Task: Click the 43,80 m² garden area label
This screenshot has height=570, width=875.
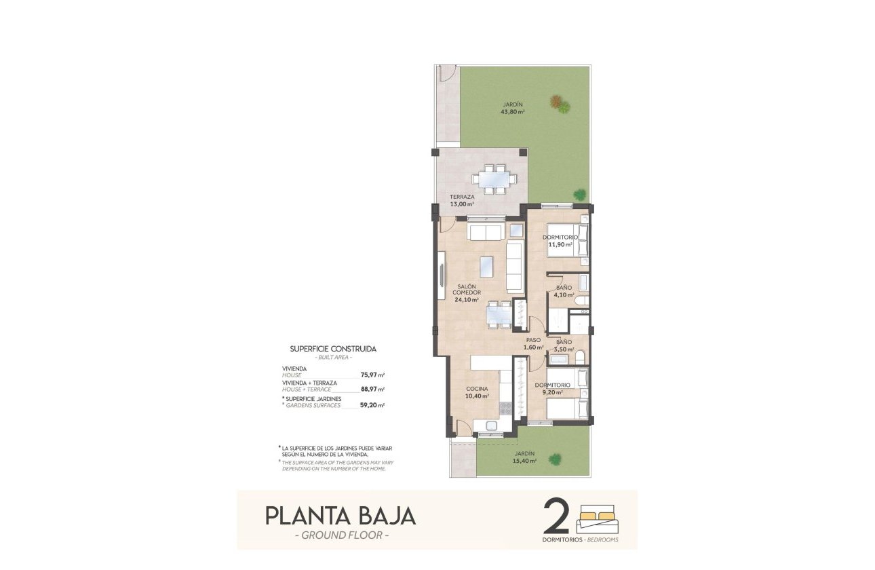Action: point(512,111)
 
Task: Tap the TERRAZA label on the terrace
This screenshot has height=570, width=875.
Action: point(461,197)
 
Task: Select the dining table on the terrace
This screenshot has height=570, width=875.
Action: point(494,179)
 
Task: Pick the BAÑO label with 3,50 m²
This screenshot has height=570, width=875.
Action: point(564,342)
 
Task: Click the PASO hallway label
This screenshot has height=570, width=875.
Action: point(533,341)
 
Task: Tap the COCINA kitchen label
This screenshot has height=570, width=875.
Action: point(477,389)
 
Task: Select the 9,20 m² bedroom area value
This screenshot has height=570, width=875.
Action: point(552,392)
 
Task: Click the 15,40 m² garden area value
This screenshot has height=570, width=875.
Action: point(524,461)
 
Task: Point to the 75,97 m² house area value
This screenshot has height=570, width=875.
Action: point(372,374)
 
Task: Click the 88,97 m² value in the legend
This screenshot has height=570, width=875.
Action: point(372,389)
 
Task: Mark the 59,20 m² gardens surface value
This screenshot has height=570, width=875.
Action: point(372,405)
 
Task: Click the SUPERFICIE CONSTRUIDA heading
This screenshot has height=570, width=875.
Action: point(333,349)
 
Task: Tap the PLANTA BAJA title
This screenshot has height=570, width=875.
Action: point(340,516)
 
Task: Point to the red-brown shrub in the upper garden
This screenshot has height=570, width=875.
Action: point(557,102)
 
